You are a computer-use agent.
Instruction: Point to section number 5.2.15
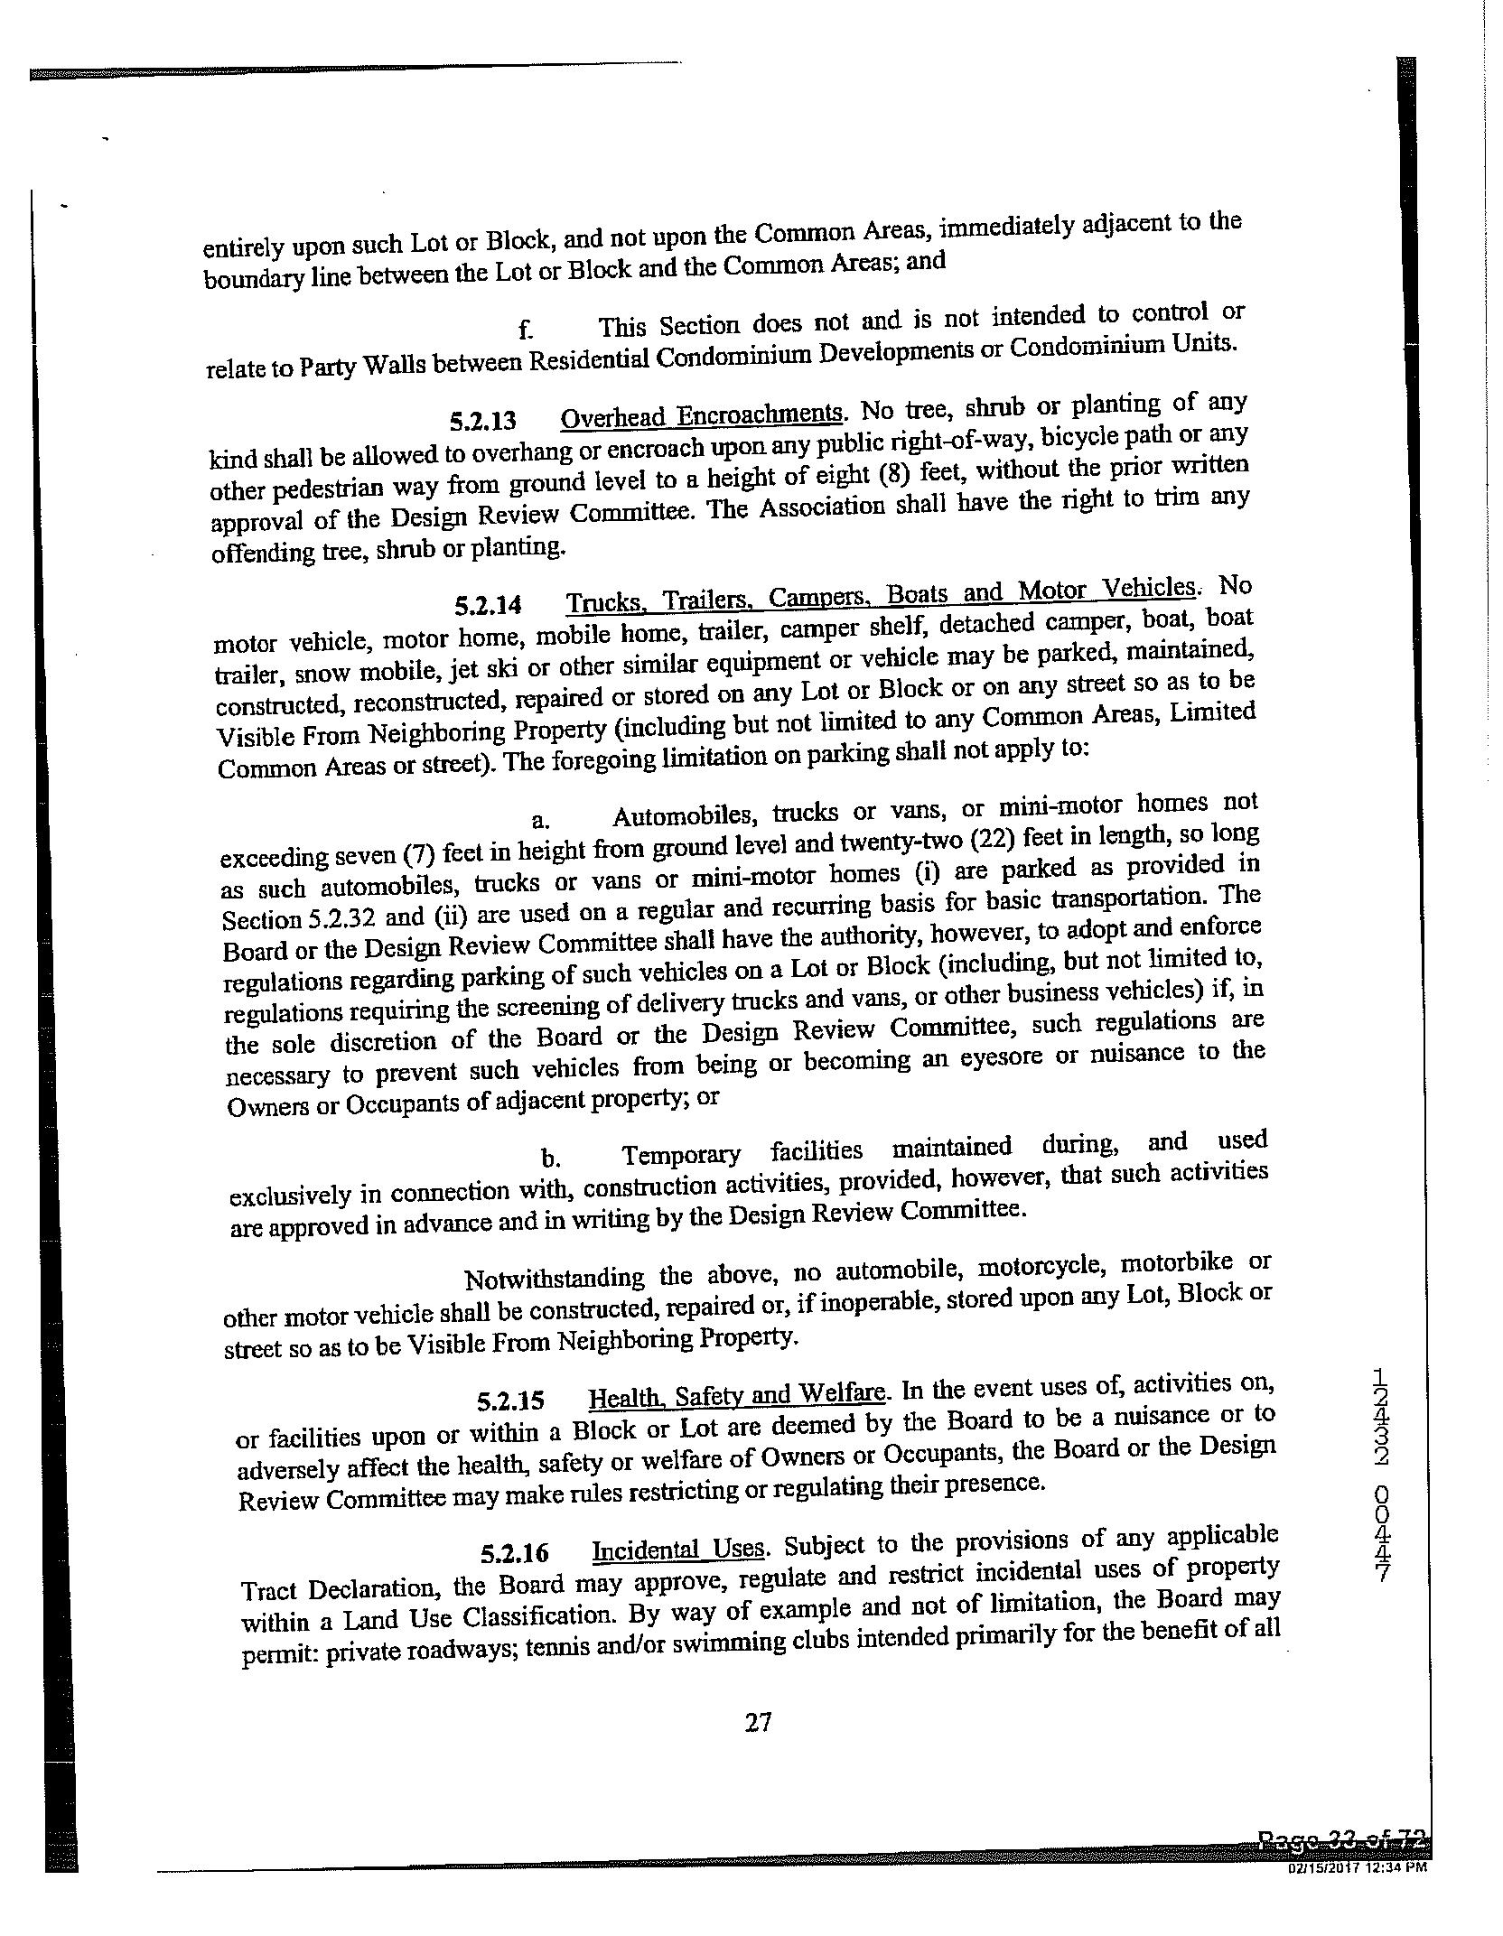511,1402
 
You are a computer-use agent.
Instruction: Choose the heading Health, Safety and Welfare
736,1396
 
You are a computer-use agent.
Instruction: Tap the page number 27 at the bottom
758,1723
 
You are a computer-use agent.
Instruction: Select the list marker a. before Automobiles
540,820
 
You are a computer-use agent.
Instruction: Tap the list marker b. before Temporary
547,1159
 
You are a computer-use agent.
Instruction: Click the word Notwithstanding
553,1280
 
